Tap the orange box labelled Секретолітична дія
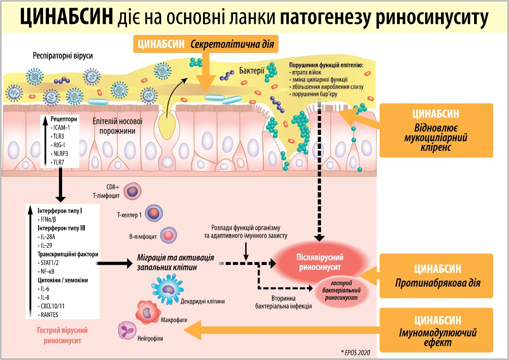tap(205, 44)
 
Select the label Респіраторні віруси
tap(63, 56)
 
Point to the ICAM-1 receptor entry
tap(61, 128)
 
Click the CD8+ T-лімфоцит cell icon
tap(133, 190)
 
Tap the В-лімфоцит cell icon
tap(169, 235)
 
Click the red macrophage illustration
tap(147, 312)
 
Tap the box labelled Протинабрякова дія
tap(437, 276)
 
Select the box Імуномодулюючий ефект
tap(437, 331)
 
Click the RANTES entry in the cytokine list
tap(49, 314)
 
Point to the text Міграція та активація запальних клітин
tap(175, 262)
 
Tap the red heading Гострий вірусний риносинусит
tap(62, 336)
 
